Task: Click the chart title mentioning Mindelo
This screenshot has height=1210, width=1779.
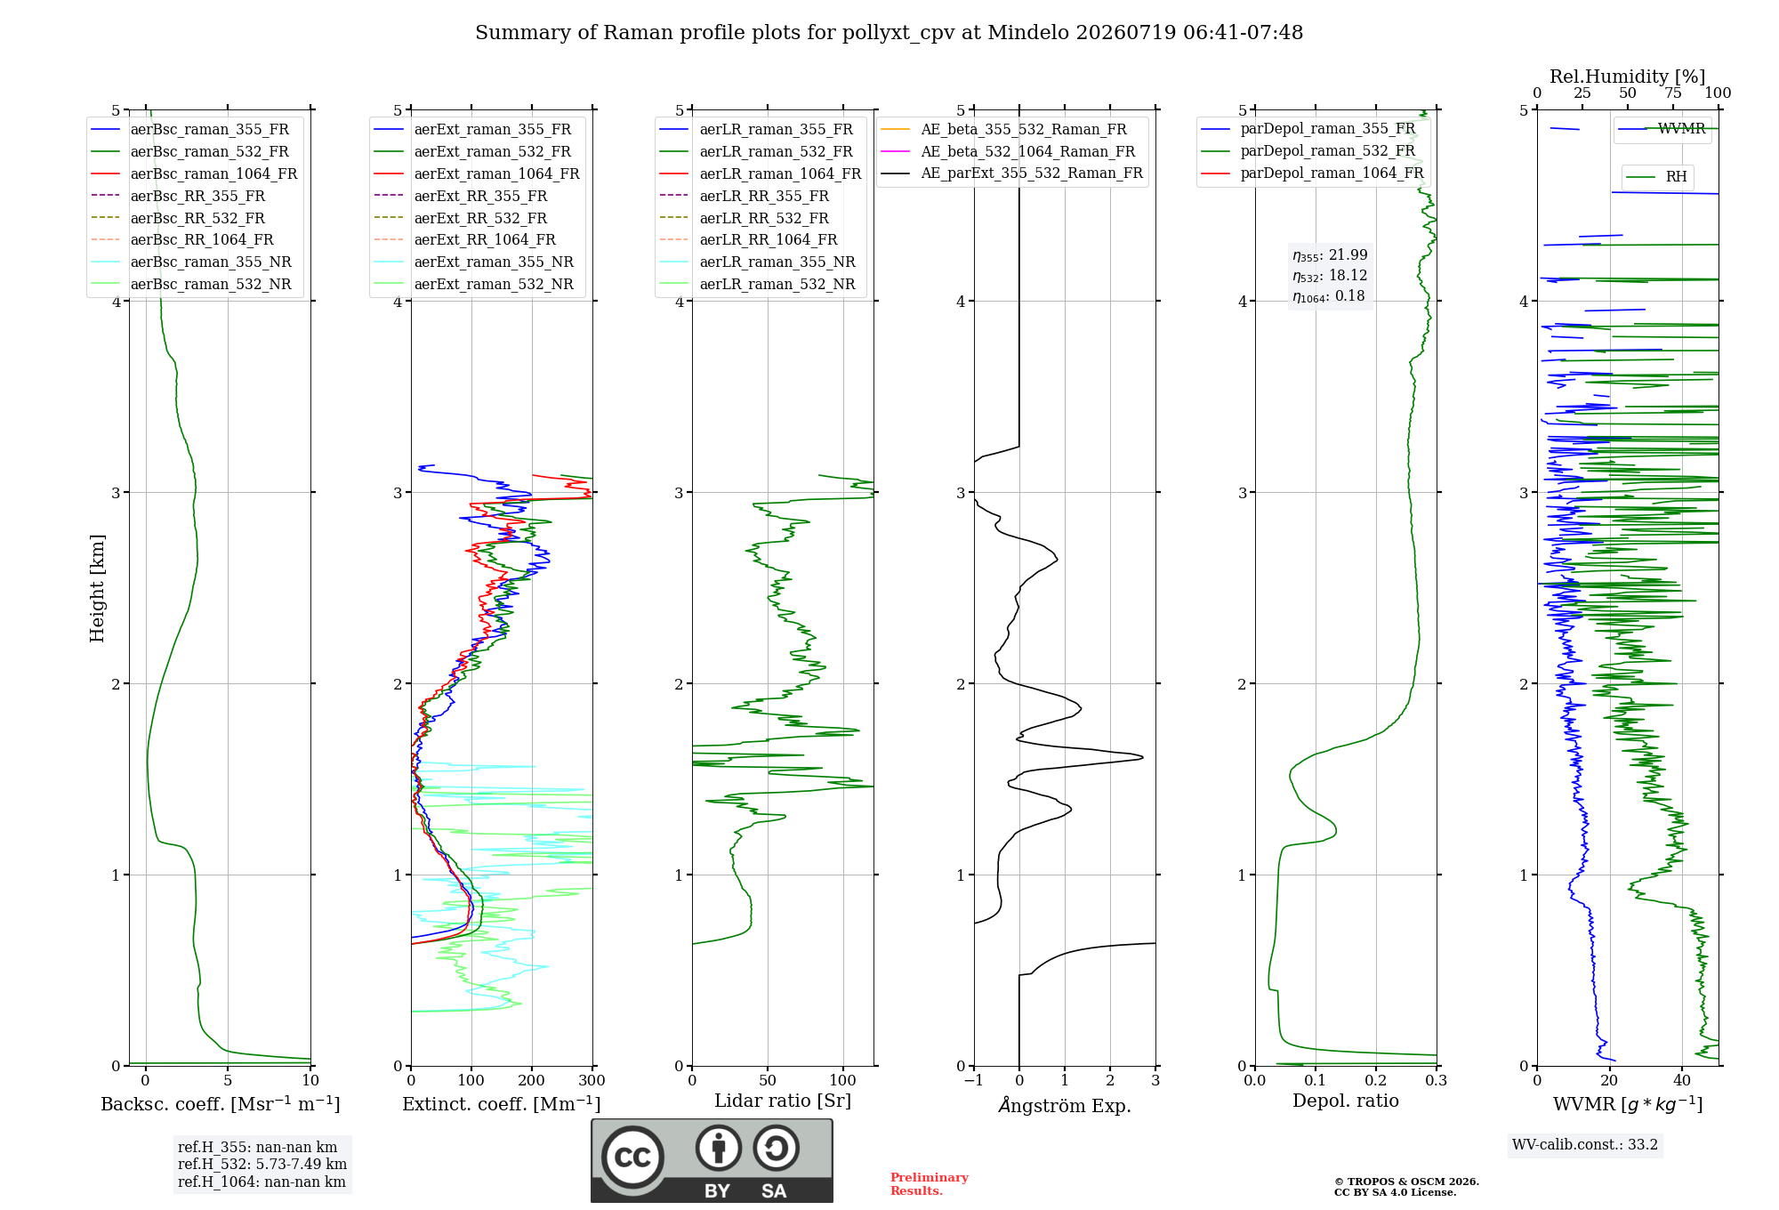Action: pos(889,33)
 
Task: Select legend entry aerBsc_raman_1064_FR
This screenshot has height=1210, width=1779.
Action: pos(213,173)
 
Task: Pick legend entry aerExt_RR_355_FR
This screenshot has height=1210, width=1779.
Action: pos(480,196)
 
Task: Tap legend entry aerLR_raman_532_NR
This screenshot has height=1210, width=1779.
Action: pos(777,285)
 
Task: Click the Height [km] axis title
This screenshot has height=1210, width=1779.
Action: pos(97,588)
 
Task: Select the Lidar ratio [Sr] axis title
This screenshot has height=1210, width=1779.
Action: pos(783,1101)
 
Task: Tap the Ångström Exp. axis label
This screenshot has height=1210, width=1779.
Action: pos(1065,1105)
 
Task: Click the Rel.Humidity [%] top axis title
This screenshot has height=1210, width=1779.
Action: pos(1628,77)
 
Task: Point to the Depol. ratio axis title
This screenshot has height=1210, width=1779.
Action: pos(1346,1101)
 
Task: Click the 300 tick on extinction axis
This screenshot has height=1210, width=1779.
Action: pos(592,1080)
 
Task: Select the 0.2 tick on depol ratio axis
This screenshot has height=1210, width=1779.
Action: pos(1376,1080)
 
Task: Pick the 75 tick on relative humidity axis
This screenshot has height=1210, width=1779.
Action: pos(1673,93)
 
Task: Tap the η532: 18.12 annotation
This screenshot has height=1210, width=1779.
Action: pos(1330,276)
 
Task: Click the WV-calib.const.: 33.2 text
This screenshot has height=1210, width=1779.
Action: pos(1585,1144)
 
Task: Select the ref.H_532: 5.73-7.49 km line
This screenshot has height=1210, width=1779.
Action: pos(262,1164)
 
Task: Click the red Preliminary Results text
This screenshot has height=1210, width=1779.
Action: pos(930,1184)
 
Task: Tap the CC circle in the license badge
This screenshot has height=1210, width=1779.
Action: pos(632,1157)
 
